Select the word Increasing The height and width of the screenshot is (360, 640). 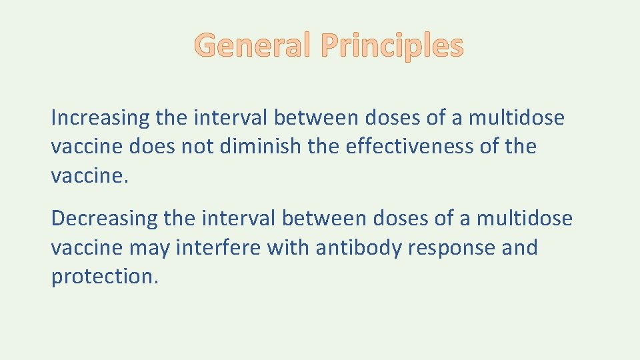tap(100, 119)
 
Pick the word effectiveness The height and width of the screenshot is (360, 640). tap(410, 146)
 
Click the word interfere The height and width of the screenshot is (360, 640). tap(219, 247)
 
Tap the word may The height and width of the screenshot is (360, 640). tap(150, 248)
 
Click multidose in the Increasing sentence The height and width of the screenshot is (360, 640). tap(516, 118)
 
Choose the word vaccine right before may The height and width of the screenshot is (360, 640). tap(87, 248)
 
